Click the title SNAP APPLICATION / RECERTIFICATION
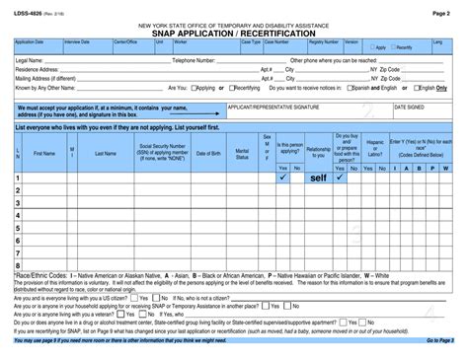[x=234, y=33]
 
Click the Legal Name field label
[x=30, y=60]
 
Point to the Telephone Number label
[x=195, y=60]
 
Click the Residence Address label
[x=37, y=70]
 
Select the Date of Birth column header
[x=204, y=153]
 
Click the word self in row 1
[x=318, y=179]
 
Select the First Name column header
[x=44, y=153]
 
